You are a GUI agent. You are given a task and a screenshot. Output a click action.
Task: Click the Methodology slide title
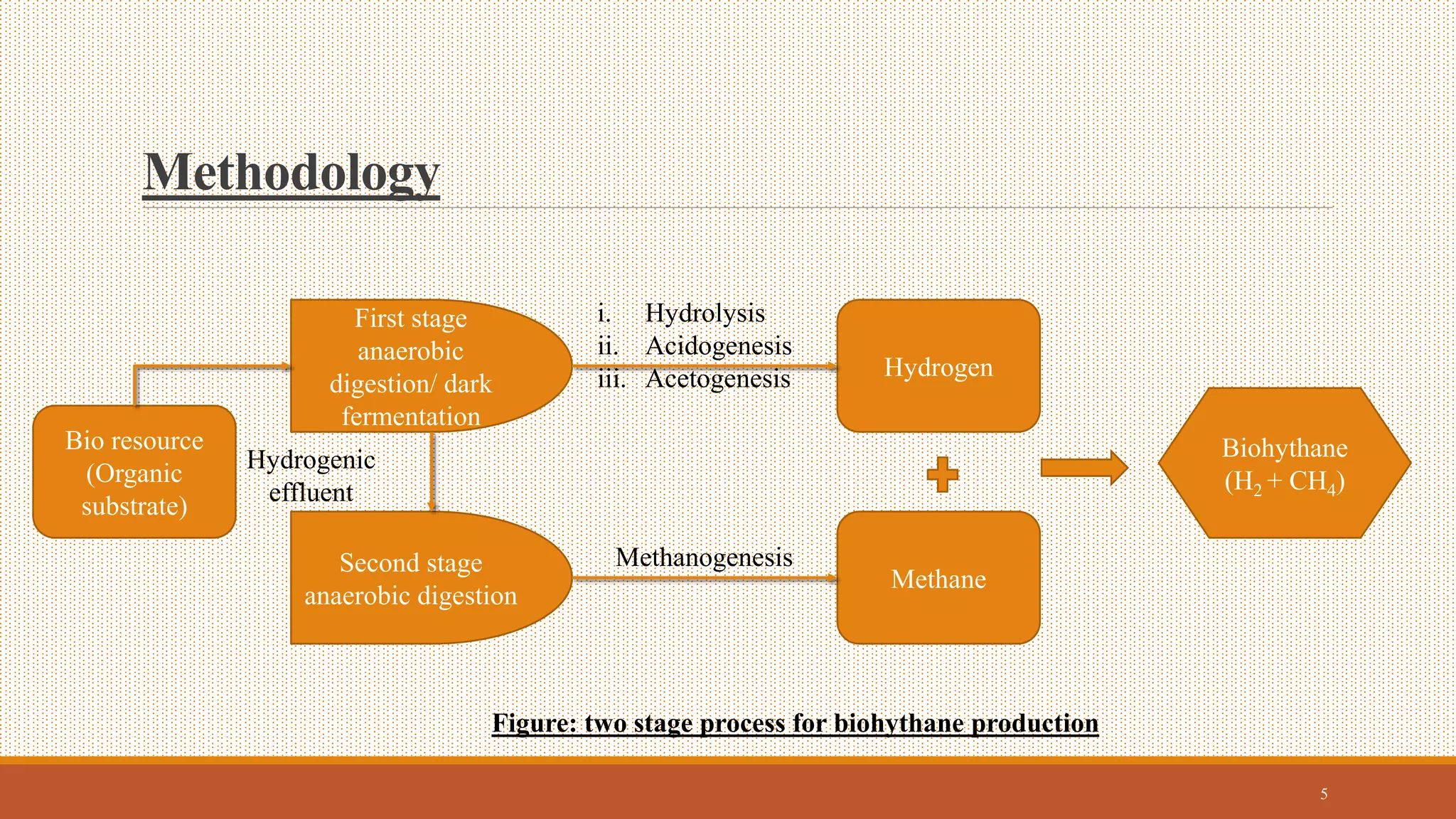pyautogui.click(x=291, y=173)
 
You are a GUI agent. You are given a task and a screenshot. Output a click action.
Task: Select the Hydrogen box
pyautogui.click(x=938, y=367)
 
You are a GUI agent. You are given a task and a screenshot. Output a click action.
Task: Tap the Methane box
pyautogui.click(x=938, y=579)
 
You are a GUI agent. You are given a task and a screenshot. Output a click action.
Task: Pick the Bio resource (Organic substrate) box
pyautogui.click(x=134, y=472)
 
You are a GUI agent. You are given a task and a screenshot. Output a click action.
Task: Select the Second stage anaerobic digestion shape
pyautogui.click(x=411, y=579)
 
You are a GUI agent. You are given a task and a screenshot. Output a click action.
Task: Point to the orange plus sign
pyautogui.click(x=943, y=474)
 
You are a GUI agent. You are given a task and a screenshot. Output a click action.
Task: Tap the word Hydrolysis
pyautogui.click(x=705, y=313)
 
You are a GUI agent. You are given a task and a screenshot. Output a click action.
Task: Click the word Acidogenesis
pyautogui.click(x=718, y=346)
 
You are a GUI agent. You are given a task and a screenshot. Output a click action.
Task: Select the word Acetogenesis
pyautogui.click(x=717, y=379)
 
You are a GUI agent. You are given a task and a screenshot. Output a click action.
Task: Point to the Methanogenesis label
pyautogui.click(x=704, y=557)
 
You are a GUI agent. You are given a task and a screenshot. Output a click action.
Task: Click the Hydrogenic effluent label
pyautogui.click(x=311, y=476)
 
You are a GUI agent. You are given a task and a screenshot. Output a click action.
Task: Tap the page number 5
pyautogui.click(x=1324, y=794)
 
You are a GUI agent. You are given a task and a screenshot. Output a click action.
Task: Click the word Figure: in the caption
pyautogui.click(x=534, y=723)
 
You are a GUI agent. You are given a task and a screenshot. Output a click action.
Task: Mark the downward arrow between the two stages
pyautogui.click(x=432, y=472)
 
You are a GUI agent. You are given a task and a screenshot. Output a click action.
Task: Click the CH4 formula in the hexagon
pyautogui.click(x=1312, y=482)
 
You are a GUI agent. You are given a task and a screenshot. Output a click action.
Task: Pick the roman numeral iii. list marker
pyautogui.click(x=611, y=380)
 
